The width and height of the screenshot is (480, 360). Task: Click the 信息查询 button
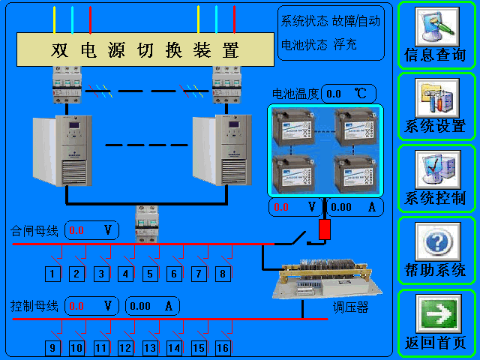[436, 35]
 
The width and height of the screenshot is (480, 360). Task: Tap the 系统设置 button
[436, 106]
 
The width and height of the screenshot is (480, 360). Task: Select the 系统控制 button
[436, 178]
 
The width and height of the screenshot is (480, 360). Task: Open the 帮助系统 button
[436, 250]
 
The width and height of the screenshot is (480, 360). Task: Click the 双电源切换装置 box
[145, 50]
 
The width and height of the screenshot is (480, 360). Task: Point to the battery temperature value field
[349, 94]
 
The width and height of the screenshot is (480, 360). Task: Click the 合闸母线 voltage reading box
[92, 229]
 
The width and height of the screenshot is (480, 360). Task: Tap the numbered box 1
[52, 274]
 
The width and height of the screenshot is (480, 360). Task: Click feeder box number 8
[223, 274]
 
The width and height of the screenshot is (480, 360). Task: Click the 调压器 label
[351, 308]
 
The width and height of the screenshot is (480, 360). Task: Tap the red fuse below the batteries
[324, 230]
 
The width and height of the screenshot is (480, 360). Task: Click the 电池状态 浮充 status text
[319, 45]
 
